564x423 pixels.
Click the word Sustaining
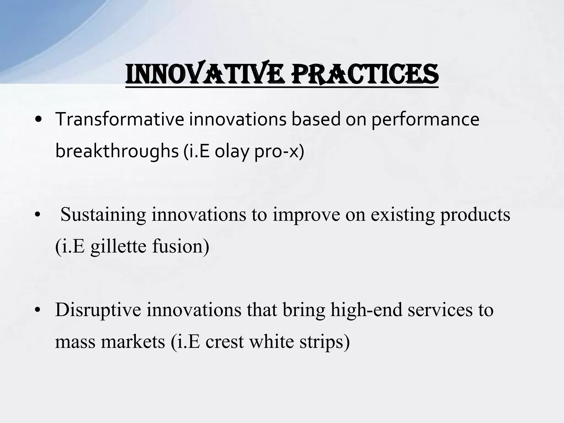pyautogui.click(x=103, y=215)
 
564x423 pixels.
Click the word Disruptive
pyautogui.click(x=98, y=310)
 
